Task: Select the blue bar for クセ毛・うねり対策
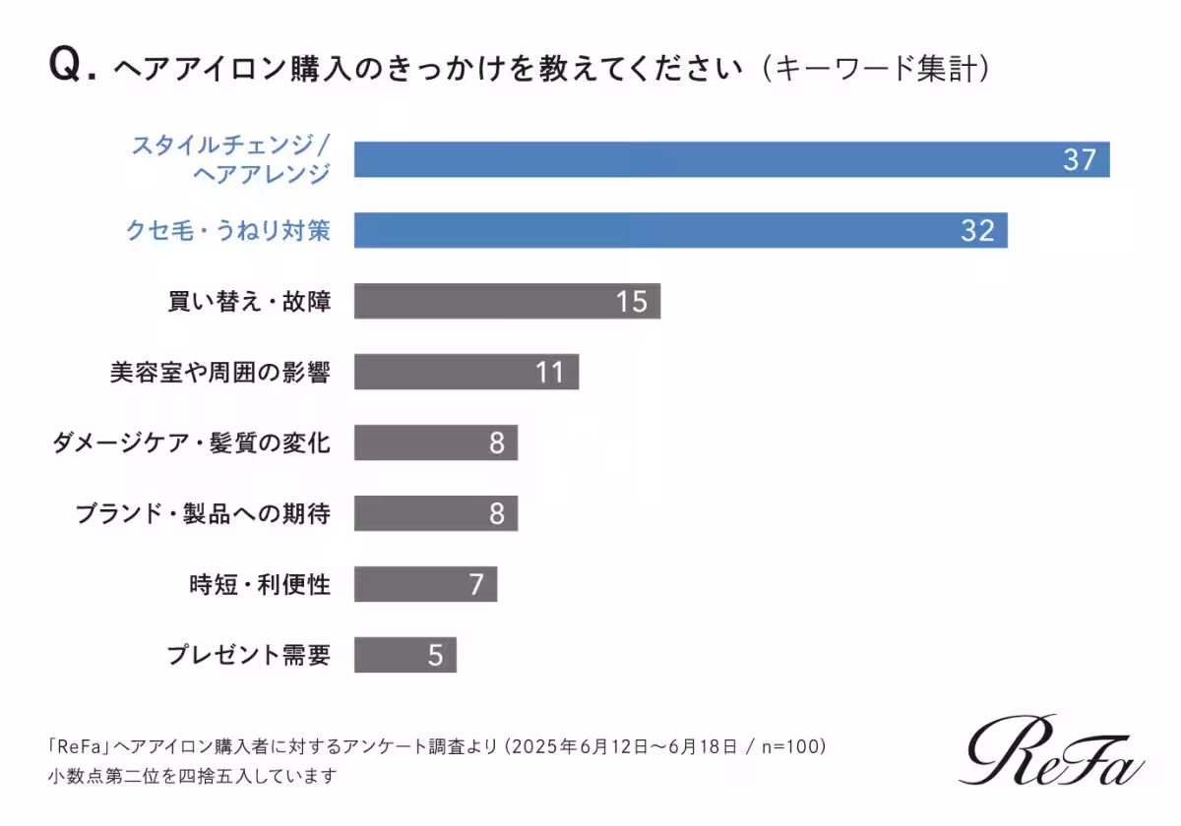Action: (x=680, y=230)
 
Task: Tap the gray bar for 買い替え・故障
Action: (x=507, y=301)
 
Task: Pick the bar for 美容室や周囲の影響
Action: (x=466, y=372)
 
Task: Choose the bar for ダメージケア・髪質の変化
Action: (x=435, y=442)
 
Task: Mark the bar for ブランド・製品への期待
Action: (x=435, y=513)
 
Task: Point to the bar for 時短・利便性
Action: (x=425, y=584)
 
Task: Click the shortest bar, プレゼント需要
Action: (x=404, y=655)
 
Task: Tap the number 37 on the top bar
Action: (x=1079, y=159)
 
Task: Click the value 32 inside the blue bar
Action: (x=977, y=230)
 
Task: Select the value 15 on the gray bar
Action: (x=631, y=301)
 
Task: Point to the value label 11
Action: (x=549, y=372)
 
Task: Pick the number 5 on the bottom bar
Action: (x=436, y=655)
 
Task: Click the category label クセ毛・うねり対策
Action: (x=227, y=230)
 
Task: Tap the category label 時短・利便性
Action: (x=260, y=584)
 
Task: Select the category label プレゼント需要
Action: (x=248, y=655)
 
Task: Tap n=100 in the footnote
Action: (x=783, y=746)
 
